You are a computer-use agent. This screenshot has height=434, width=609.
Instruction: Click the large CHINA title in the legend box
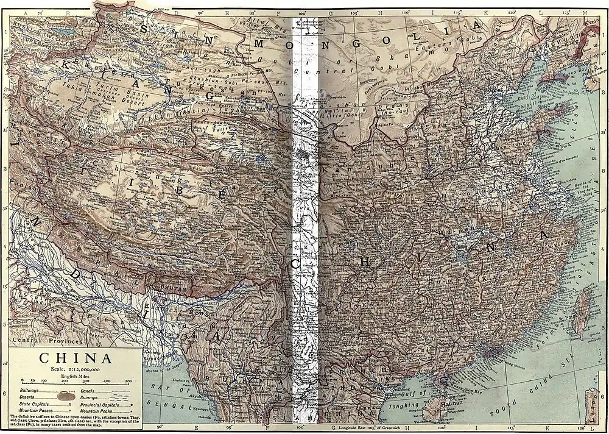tap(75, 358)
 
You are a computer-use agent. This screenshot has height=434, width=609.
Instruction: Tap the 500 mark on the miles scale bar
tap(128, 382)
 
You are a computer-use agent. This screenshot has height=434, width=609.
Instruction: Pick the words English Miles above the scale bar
tap(74, 376)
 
